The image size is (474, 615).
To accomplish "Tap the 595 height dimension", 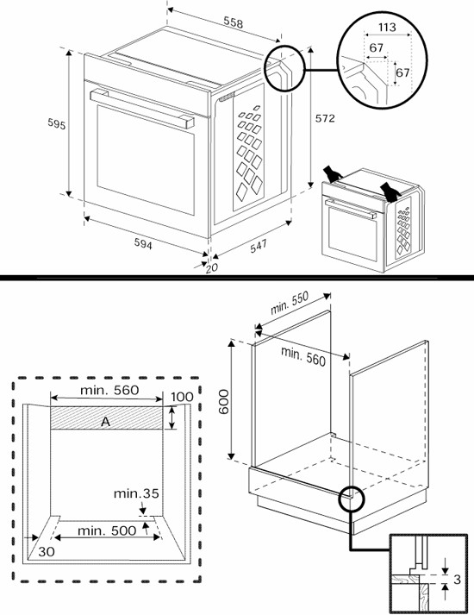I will point(56,124).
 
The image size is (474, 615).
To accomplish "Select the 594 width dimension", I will point(143,246).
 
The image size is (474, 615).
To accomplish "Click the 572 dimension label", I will point(324,118).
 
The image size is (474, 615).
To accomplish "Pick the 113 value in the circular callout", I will point(388,28).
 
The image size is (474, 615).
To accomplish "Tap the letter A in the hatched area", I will point(105,421).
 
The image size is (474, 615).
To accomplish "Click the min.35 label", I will point(136,493).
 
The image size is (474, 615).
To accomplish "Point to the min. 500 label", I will point(106,530).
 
